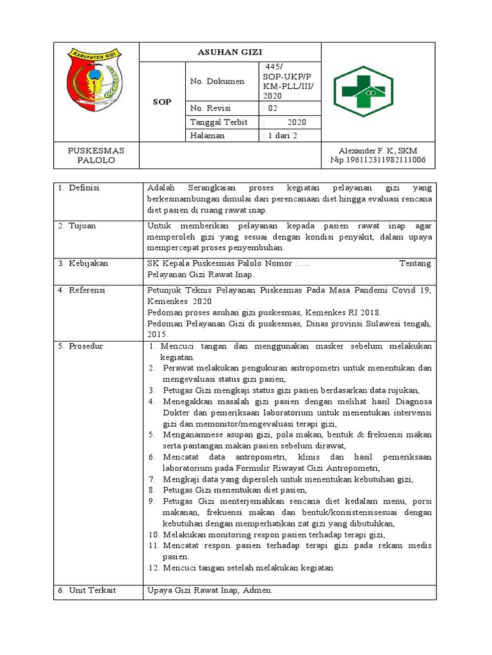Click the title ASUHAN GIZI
point(230,52)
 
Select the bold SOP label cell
point(162,102)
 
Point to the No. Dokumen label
point(217,81)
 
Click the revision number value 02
point(272,108)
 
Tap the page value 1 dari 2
point(281,136)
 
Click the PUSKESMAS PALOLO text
point(96,155)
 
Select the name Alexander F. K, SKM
point(377,150)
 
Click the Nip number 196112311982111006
point(377,160)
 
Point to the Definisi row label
point(83,188)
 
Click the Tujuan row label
point(80,225)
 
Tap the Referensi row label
point(85,290)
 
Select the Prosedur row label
point(83,346)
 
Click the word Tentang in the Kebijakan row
point(415,263)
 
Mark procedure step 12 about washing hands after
point(241,567)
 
